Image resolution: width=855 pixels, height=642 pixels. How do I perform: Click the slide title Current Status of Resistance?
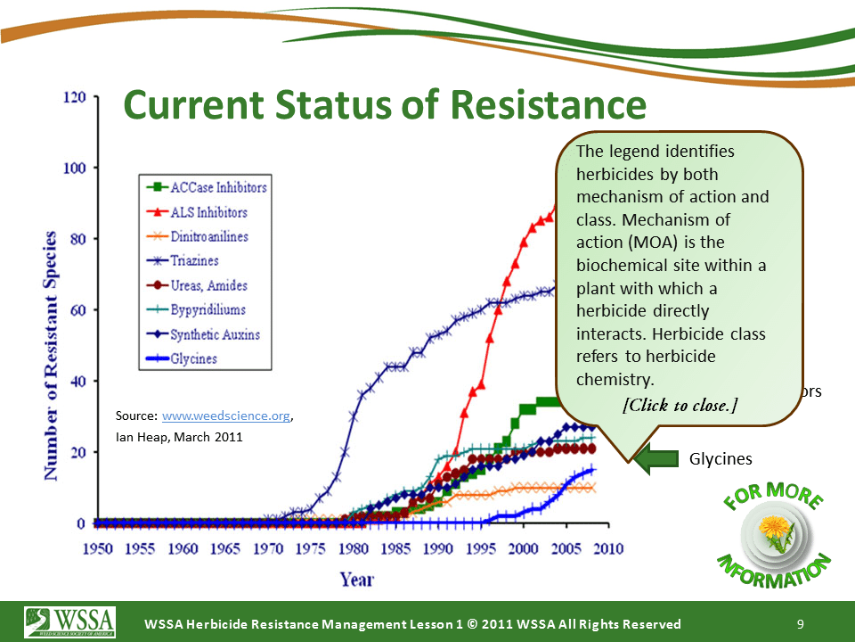click(384, 105)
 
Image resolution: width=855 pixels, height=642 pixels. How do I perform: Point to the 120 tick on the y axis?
click(72, 97)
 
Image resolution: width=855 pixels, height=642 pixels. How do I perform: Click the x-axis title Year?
click(356, 579)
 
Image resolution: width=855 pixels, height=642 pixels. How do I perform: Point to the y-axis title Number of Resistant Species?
click(51, 357)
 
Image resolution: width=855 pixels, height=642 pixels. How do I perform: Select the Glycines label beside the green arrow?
click(721, 459)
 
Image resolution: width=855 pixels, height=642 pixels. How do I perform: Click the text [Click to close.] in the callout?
click(680, 405)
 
